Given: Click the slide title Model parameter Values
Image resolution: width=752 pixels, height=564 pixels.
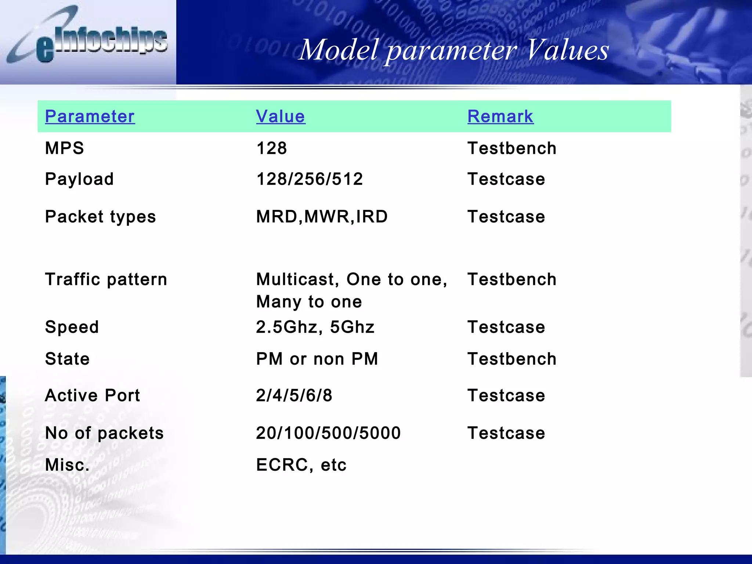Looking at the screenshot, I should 454,50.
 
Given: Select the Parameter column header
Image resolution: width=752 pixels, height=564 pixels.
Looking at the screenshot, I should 90,116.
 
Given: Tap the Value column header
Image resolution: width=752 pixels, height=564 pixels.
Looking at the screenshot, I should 281,116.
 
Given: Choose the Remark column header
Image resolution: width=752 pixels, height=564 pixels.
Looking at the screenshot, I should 500,116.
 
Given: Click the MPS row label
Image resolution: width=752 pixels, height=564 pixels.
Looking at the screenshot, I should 64,148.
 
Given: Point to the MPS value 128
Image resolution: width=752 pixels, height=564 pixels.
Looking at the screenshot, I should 271,148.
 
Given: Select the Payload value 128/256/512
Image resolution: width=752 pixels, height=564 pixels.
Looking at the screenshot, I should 310,179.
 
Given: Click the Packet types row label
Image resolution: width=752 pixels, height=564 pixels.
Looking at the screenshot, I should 100,217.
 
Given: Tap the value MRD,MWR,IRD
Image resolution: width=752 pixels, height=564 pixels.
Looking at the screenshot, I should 322,217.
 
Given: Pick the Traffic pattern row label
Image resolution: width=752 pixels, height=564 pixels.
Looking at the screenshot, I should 106,279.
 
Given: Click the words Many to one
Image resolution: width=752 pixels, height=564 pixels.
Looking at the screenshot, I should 309,302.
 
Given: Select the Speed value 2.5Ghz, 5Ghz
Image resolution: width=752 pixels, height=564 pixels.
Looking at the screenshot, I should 315,327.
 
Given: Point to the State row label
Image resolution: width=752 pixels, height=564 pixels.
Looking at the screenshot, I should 67,359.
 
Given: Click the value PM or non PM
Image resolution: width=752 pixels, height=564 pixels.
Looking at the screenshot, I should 317,359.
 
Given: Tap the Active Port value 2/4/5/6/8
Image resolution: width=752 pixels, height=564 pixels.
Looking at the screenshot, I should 294,395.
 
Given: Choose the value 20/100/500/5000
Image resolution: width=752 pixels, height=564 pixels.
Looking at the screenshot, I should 328,433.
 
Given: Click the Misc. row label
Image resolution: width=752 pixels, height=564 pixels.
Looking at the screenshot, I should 67,465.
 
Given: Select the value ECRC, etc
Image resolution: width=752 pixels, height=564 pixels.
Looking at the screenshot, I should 301,465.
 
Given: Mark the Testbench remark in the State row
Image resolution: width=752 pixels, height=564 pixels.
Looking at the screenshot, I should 512,359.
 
